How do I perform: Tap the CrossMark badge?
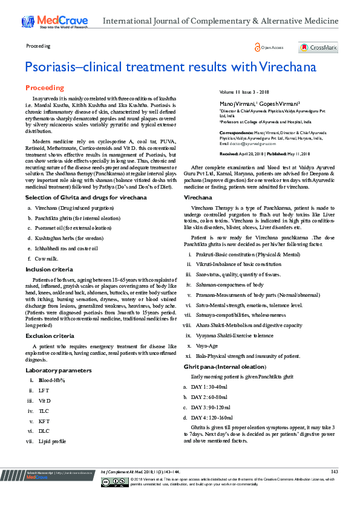(x=318, y=47)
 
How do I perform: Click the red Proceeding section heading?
(x=45, y=88)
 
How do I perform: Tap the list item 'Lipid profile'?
(x=53, y=441)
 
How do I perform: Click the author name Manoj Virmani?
(x=237, y=104)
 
